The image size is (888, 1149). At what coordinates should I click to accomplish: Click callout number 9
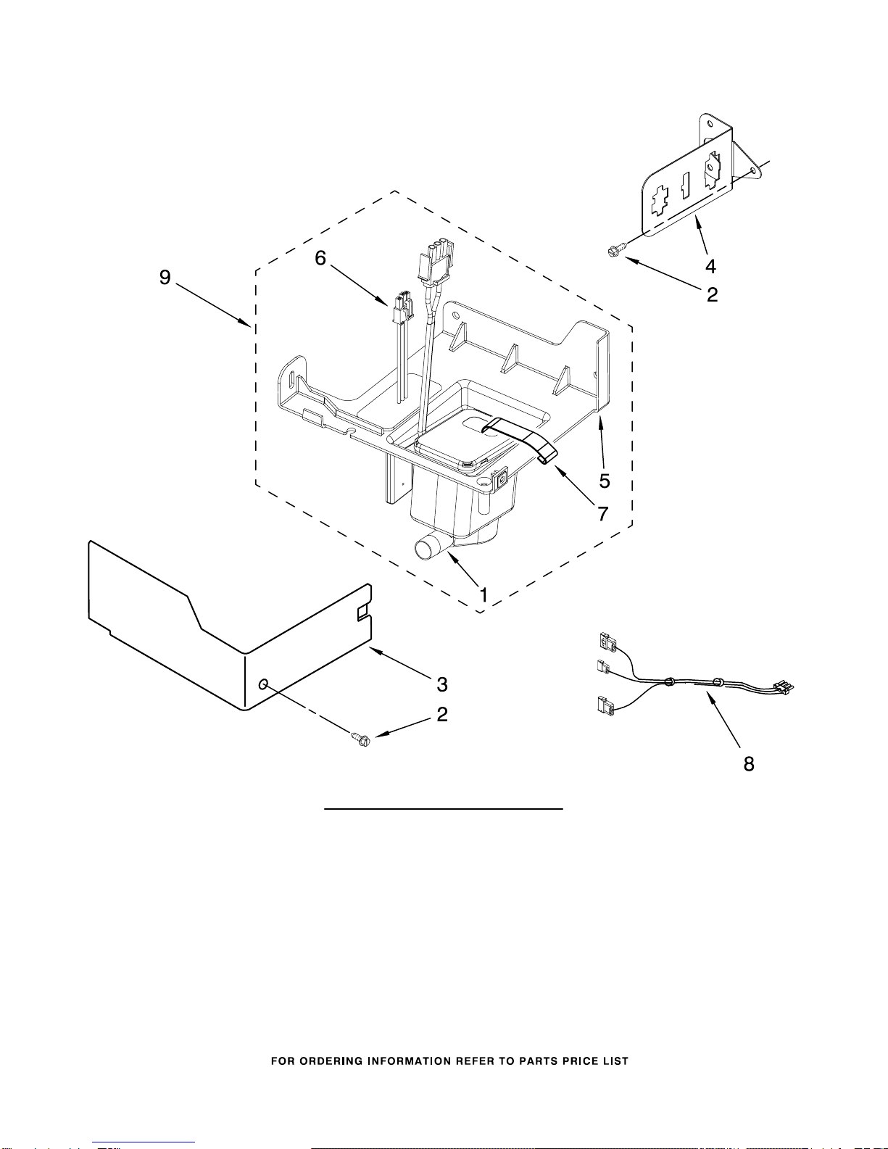(165, 277)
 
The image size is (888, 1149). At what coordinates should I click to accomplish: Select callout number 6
(320, 258)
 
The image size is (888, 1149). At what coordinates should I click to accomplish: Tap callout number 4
(710, 267)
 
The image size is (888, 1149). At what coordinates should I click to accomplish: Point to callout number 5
(604, 481)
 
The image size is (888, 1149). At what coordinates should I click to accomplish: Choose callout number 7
(602, 513)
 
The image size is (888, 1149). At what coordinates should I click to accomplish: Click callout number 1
(484, 595)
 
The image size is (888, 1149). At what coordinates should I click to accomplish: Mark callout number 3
(442, 684)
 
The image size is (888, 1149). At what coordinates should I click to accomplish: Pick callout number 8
(749, 763)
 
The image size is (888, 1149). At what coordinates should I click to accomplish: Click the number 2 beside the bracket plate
(712, 294)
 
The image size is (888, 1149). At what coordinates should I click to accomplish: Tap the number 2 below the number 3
(442, 714)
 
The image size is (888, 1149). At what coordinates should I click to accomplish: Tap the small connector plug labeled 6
(402, 308)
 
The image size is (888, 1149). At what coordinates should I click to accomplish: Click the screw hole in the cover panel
(263, 684)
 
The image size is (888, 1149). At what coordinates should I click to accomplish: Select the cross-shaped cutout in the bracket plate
(660, 200)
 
